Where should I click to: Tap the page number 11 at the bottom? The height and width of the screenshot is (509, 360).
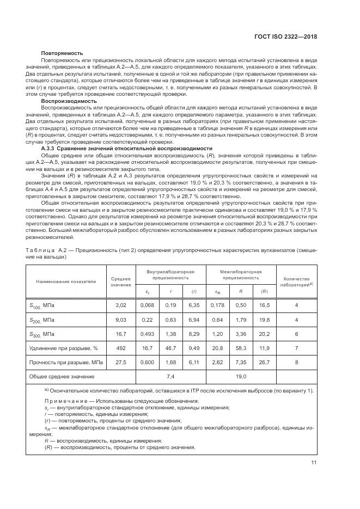314,463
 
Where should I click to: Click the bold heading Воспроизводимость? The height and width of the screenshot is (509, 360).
69,101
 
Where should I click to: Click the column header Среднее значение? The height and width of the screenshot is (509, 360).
121,281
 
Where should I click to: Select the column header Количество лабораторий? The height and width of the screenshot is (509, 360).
296,281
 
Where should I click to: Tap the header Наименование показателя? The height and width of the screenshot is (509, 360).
66,281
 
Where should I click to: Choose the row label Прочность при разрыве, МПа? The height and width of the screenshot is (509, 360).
66,361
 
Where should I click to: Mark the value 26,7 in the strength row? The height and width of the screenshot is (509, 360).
264,361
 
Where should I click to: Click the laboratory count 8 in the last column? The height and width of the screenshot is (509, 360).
296,361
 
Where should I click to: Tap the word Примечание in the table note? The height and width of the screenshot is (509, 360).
66,401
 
